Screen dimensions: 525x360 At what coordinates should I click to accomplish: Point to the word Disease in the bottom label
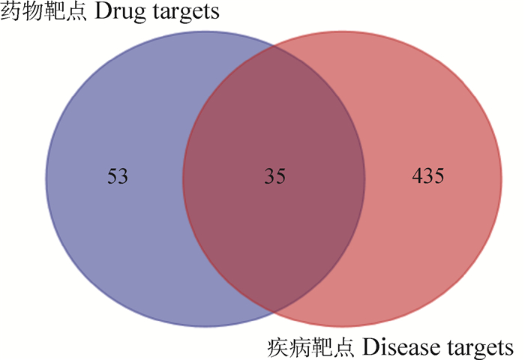point(395,348)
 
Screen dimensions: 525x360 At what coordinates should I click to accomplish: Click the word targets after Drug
point(193,13)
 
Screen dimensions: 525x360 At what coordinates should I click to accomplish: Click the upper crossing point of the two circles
point(274,47)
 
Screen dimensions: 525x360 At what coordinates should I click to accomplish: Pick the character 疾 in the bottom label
point(277,348)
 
